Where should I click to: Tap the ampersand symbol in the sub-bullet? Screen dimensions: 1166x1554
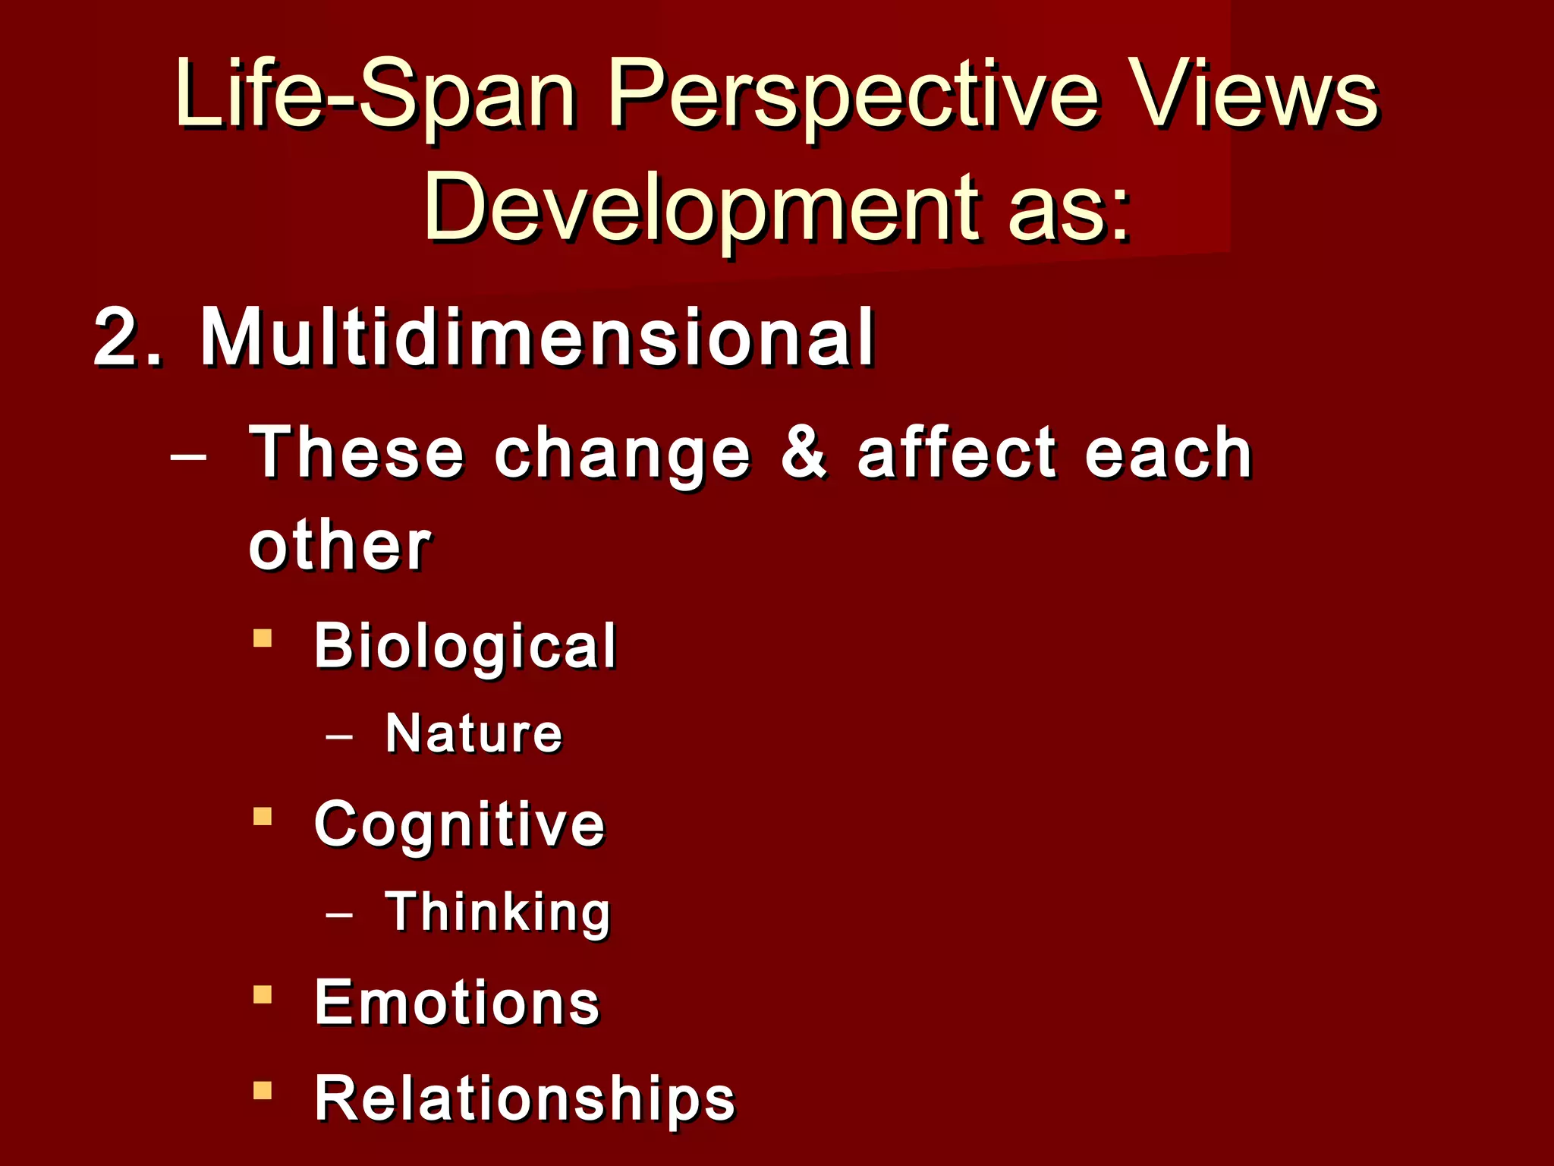804,452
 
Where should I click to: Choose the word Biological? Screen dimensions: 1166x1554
465,646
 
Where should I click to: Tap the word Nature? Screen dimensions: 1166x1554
473,733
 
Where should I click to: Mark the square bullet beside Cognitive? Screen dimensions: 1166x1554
263,817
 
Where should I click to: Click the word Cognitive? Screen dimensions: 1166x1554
459,824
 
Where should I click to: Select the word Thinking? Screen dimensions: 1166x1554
498,912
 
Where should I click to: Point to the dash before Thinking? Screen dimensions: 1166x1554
338,914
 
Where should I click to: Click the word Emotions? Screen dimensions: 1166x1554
457,1003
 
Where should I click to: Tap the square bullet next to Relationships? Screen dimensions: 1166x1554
263,1091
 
